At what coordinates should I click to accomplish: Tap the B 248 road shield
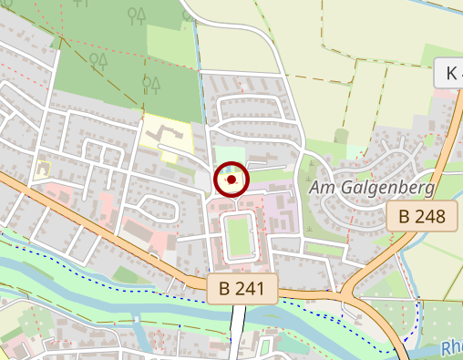[421, 217]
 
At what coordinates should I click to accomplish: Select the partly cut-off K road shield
[449, 73]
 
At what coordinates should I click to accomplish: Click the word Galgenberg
[386, 188]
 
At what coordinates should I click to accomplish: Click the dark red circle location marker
[231, 180]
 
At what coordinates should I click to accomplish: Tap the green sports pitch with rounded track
[238, 234]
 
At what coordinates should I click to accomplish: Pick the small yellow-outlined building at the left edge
[41, 169]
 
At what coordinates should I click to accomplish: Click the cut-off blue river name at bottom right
[450, 348]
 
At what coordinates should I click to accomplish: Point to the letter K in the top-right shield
[451, 73]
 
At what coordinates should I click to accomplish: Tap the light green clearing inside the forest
[170, 46]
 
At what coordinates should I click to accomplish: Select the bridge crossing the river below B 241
[238, 324]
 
